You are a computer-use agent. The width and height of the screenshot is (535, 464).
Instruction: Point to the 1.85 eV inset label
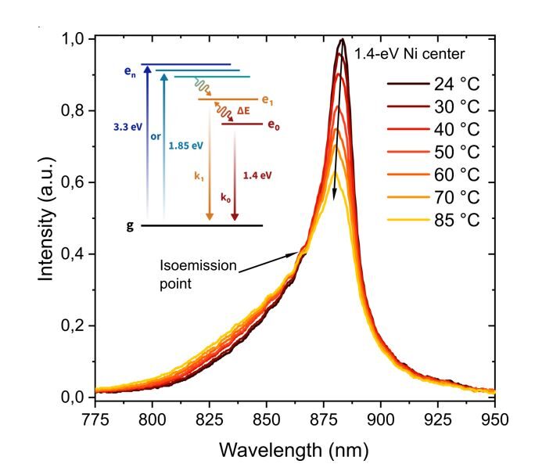pos(186,146)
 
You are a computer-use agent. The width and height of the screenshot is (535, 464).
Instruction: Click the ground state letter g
pos(128,225)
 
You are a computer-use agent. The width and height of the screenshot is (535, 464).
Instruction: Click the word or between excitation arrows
pos(155,138)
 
